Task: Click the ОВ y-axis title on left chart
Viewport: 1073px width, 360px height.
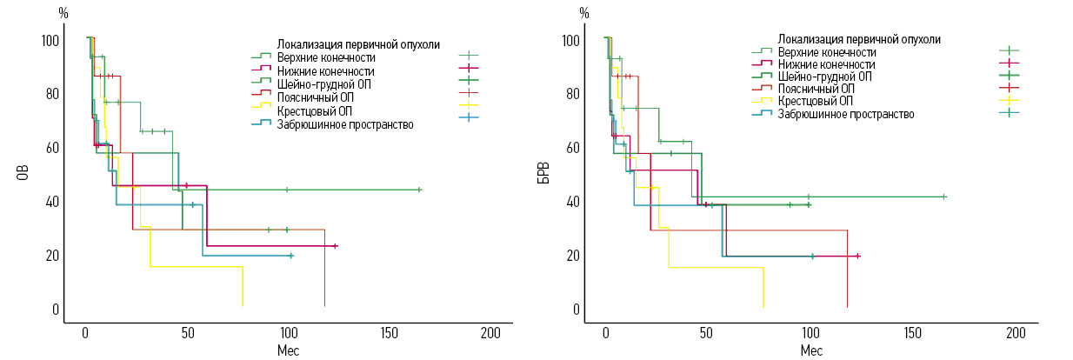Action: (x=23, y=173)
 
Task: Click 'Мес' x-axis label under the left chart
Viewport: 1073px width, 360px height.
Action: (x=288, y=350)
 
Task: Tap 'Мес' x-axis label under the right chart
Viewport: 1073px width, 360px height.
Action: (x=810, y=350)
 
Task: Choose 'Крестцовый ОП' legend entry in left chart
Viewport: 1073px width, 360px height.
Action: (x=315, y=111)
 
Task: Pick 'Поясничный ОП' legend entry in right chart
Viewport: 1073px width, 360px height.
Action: (x=816, y=89)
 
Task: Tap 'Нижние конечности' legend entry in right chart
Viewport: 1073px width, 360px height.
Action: (x=827, y=64)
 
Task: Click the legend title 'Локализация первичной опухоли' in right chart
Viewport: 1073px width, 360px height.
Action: (x=859, y=39)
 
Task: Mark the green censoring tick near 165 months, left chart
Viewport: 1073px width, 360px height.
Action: (x=419, y=190)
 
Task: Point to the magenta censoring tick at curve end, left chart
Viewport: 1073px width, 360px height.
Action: (x=335, y=246)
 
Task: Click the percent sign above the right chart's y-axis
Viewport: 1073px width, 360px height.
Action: (x=584, y=14)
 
